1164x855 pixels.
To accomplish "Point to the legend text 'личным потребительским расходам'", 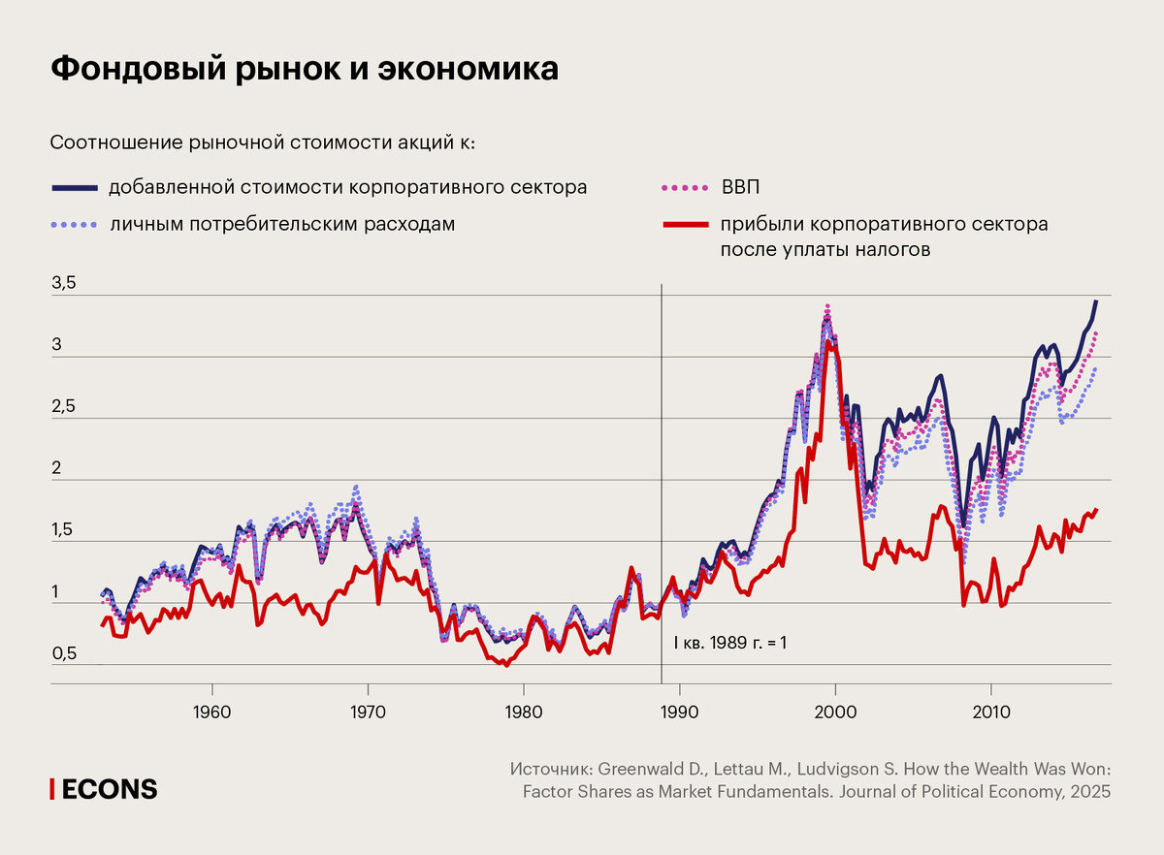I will (281, 225).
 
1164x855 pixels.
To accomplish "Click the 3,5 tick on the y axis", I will (63, 284).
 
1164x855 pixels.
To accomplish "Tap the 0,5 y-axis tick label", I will (63, 653).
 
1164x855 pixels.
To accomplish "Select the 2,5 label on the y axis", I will (63, 407).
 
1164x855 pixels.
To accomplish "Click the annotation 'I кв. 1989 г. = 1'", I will (728, 642).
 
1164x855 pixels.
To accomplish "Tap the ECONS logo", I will (104, 789).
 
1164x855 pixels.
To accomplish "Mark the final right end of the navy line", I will (1096, 301).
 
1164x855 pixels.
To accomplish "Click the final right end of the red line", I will (1096, 510).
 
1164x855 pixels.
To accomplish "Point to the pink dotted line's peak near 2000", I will (827, 306).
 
